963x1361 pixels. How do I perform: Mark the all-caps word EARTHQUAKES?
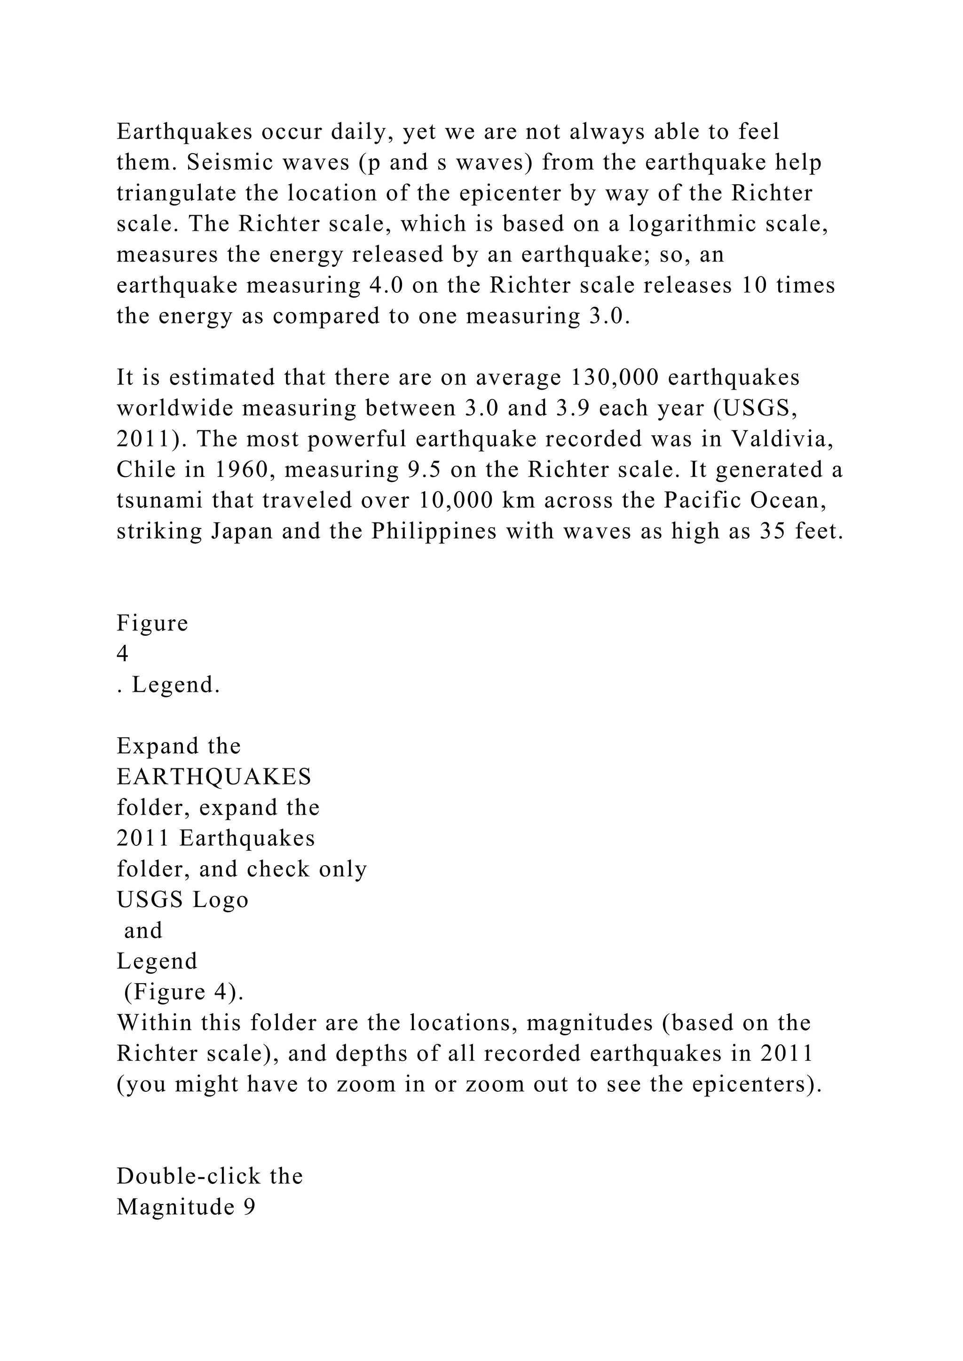tap(214, 776)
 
